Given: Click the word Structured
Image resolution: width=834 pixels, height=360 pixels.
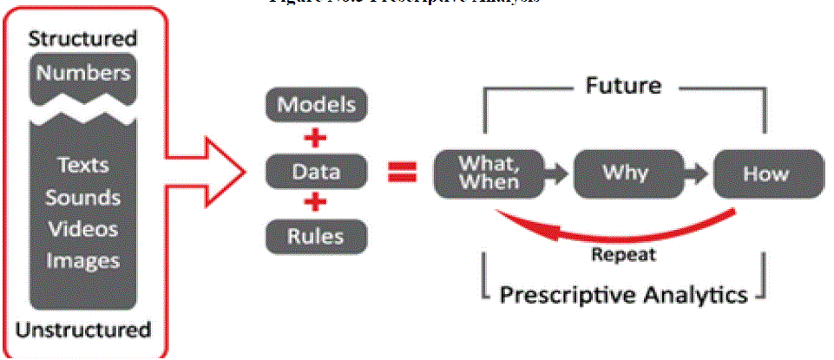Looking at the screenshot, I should click(x=82, y=39).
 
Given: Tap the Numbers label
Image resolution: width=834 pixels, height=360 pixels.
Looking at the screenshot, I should click(x=82, y=72).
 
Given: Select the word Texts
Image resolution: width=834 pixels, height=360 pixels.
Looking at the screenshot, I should click(x=82, y=165).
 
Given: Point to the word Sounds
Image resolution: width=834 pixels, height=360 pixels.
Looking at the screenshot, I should click(x=82, y=197).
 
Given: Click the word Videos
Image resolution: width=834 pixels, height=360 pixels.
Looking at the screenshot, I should click(x=82, y=229).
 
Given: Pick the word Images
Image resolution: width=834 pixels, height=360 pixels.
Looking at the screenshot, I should click(x=82, y=260).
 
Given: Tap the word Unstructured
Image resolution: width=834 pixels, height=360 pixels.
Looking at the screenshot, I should click(x=83, y=330).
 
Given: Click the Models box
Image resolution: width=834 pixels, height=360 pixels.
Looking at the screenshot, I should click(x=315, y=105).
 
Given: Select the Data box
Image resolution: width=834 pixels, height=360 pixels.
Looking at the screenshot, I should click(x=315, y=171).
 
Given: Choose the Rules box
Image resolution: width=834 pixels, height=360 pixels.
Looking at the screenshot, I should click(x=315, y=235).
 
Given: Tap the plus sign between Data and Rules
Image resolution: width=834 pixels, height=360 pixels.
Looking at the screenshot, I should click(x=315, y=203).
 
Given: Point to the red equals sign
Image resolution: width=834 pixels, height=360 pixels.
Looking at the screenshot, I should click(x=402, y=172).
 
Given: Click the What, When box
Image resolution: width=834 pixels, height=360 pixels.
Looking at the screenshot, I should click(x=489, y=172).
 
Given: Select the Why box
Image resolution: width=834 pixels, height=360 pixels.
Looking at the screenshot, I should click(x=625, y=172).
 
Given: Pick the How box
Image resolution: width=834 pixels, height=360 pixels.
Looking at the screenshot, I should click(x=766, y=173).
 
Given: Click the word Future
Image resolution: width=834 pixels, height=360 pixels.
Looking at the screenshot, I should click(x=624, y=86).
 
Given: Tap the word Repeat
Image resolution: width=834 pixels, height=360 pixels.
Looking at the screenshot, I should click(x=623, y=255).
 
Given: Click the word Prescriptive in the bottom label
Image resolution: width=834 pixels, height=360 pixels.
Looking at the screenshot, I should click(x=568, y=294).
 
